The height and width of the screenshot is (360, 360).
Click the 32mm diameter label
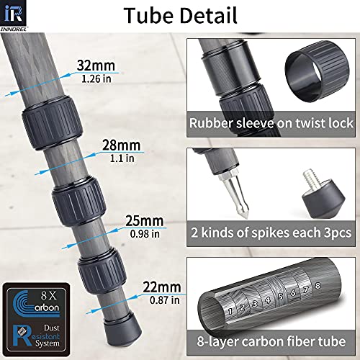pos(96,66)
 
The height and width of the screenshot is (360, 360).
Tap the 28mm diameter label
pos(122,145)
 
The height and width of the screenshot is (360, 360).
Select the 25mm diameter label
pos(145,220)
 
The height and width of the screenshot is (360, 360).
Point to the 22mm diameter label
pos(162,287)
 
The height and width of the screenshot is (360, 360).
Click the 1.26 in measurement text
pos(96,78)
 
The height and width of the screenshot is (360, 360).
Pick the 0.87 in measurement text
pos(165,300)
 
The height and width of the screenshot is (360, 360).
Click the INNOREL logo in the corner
pos(14,16)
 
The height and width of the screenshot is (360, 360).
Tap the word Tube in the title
pos(149,15)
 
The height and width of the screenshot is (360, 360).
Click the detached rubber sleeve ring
pos(317,71)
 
